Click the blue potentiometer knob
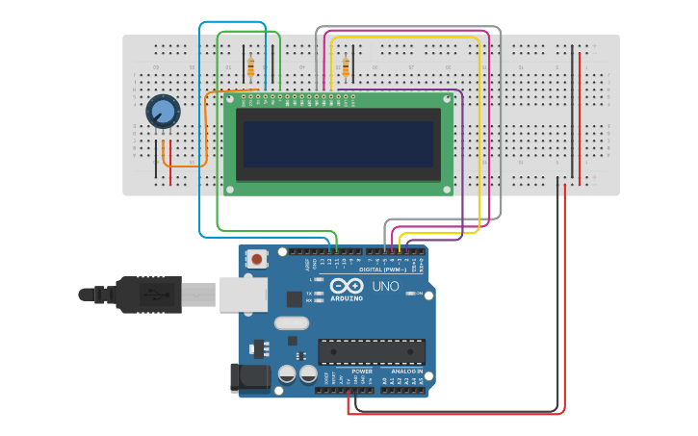163,113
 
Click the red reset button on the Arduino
257,258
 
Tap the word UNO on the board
385,286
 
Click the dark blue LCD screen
338,143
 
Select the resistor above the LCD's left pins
251,67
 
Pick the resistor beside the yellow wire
346,66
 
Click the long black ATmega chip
372,352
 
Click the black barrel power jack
247,377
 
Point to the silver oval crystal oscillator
292,323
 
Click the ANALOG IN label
407,371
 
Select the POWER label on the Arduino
362,371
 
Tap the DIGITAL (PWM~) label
384,269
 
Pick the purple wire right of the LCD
463,154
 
